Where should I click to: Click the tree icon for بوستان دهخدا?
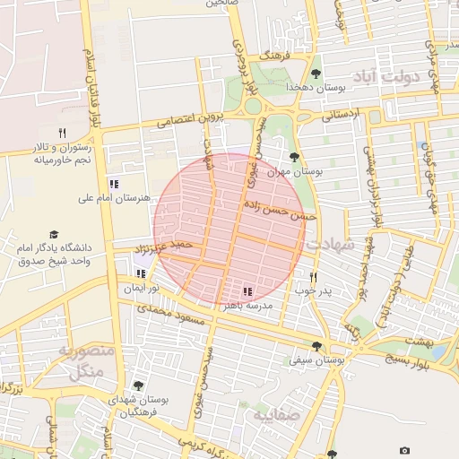click(315, 74)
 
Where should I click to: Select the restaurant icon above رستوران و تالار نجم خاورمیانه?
click(62, 133)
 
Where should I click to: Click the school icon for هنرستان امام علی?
click(113, 183)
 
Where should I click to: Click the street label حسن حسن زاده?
click(280, 210)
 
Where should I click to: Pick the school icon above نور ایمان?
click(140, 273)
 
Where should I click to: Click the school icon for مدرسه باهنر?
click(247, 291)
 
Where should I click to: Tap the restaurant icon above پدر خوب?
click(313, 277)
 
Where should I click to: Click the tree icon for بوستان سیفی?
click(316, 345)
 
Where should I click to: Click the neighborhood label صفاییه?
click(273, 417)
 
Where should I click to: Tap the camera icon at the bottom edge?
click(404, 450)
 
